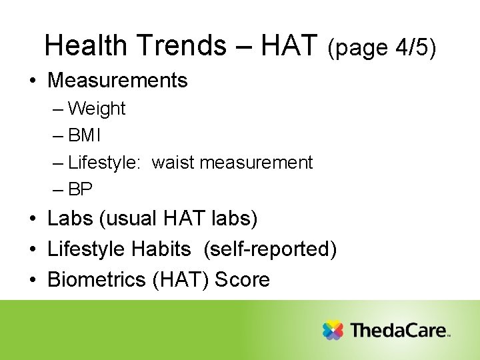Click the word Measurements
coord(117,81)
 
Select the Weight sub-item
coord(97,109)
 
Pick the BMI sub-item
coord(85,135)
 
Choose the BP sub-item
coord(81,190)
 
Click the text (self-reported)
coord(270,249)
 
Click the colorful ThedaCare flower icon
coord(333,331)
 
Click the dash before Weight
coord(58,109)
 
